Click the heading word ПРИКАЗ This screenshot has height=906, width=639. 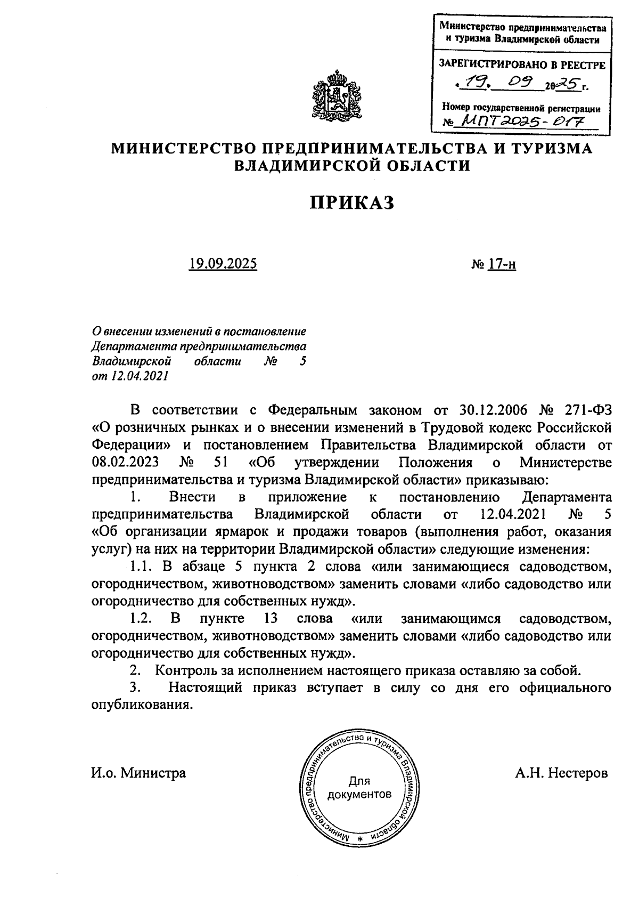click(352, 203)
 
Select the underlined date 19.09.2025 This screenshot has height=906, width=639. click(223, 263)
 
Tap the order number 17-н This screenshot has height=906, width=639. click(501, 263)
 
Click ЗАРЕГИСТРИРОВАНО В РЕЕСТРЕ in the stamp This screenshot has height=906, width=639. click(521, 66)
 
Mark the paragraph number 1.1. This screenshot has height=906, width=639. click(141, 566)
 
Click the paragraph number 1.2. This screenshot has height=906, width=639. click(142, 618)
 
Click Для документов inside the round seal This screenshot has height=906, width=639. click(359, 788)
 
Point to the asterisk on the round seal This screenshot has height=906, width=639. click(359, 839)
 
